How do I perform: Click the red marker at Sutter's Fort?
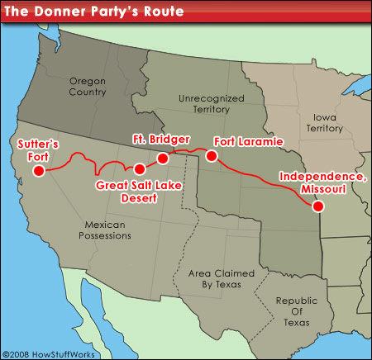pyautogui.click(x=37, y=171)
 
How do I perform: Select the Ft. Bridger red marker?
pyautogui.click(x=163, y=157)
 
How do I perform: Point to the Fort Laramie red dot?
pyautogui.click(x=212, y=155)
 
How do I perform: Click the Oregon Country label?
pyautogui.click(x=88, y=87)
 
